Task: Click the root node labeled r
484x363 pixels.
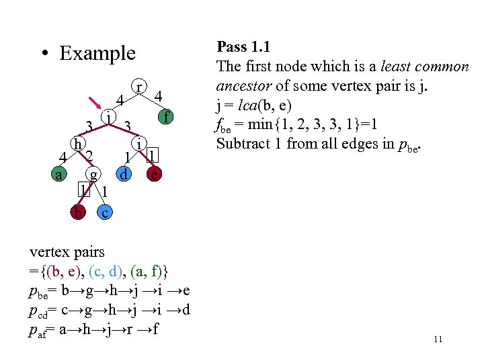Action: click(x=138, y=88)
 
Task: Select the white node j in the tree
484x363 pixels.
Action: click(x=108, y=116)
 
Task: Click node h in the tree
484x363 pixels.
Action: click(x=79, y=143)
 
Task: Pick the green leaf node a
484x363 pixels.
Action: click(x=60, y=175)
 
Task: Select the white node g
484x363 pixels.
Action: click(x=95, y=174)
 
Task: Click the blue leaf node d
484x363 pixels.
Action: click(x=124, y=174)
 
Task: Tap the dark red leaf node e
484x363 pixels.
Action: click(x=155, y=174)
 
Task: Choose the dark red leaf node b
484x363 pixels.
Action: click(x=79, y=212)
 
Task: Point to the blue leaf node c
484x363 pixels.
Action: click(x=104, y=212)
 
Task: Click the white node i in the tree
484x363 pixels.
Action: click(x=138, y=143)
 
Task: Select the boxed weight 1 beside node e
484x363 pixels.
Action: click(x=153, y=156)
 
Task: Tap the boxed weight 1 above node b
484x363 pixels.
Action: click(x=83, y=190)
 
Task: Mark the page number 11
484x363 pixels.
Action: click(x=438, y=339)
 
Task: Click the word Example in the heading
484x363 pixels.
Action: click(x=97, y=53)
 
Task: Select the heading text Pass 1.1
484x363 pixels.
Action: click(x=242, y=47)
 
